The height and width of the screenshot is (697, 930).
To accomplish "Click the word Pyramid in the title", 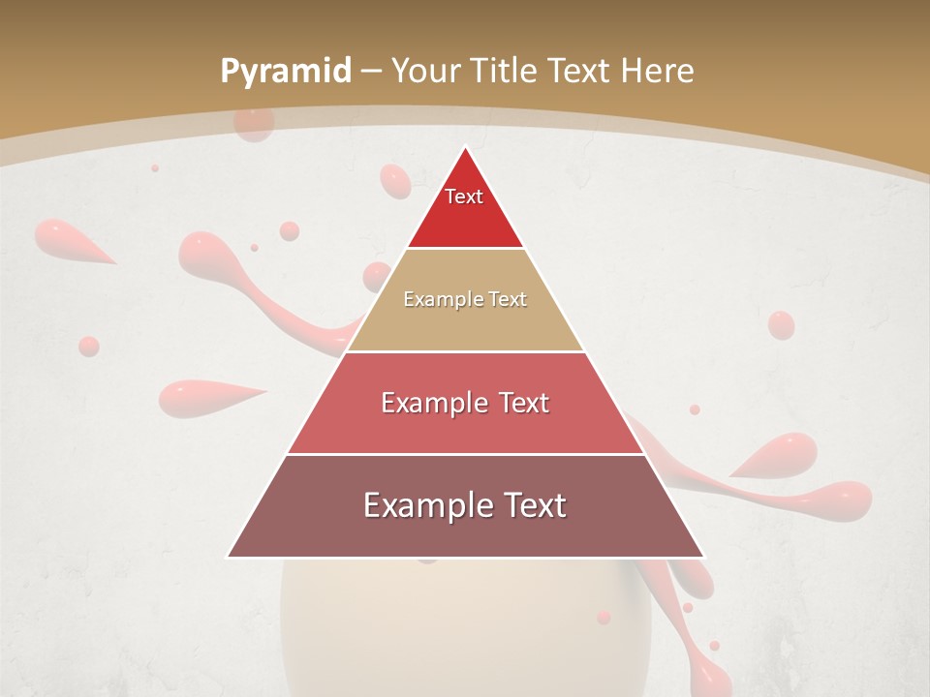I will click(285, 72).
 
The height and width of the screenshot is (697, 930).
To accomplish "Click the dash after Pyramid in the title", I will click(370, 72).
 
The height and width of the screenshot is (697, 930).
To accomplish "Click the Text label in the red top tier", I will click(464, 197).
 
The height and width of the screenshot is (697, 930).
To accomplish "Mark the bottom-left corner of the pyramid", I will click(229, 557).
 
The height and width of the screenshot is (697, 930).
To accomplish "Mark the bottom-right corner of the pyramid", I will click(703, 557).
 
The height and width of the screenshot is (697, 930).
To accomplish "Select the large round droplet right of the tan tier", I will click(781, 325).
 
